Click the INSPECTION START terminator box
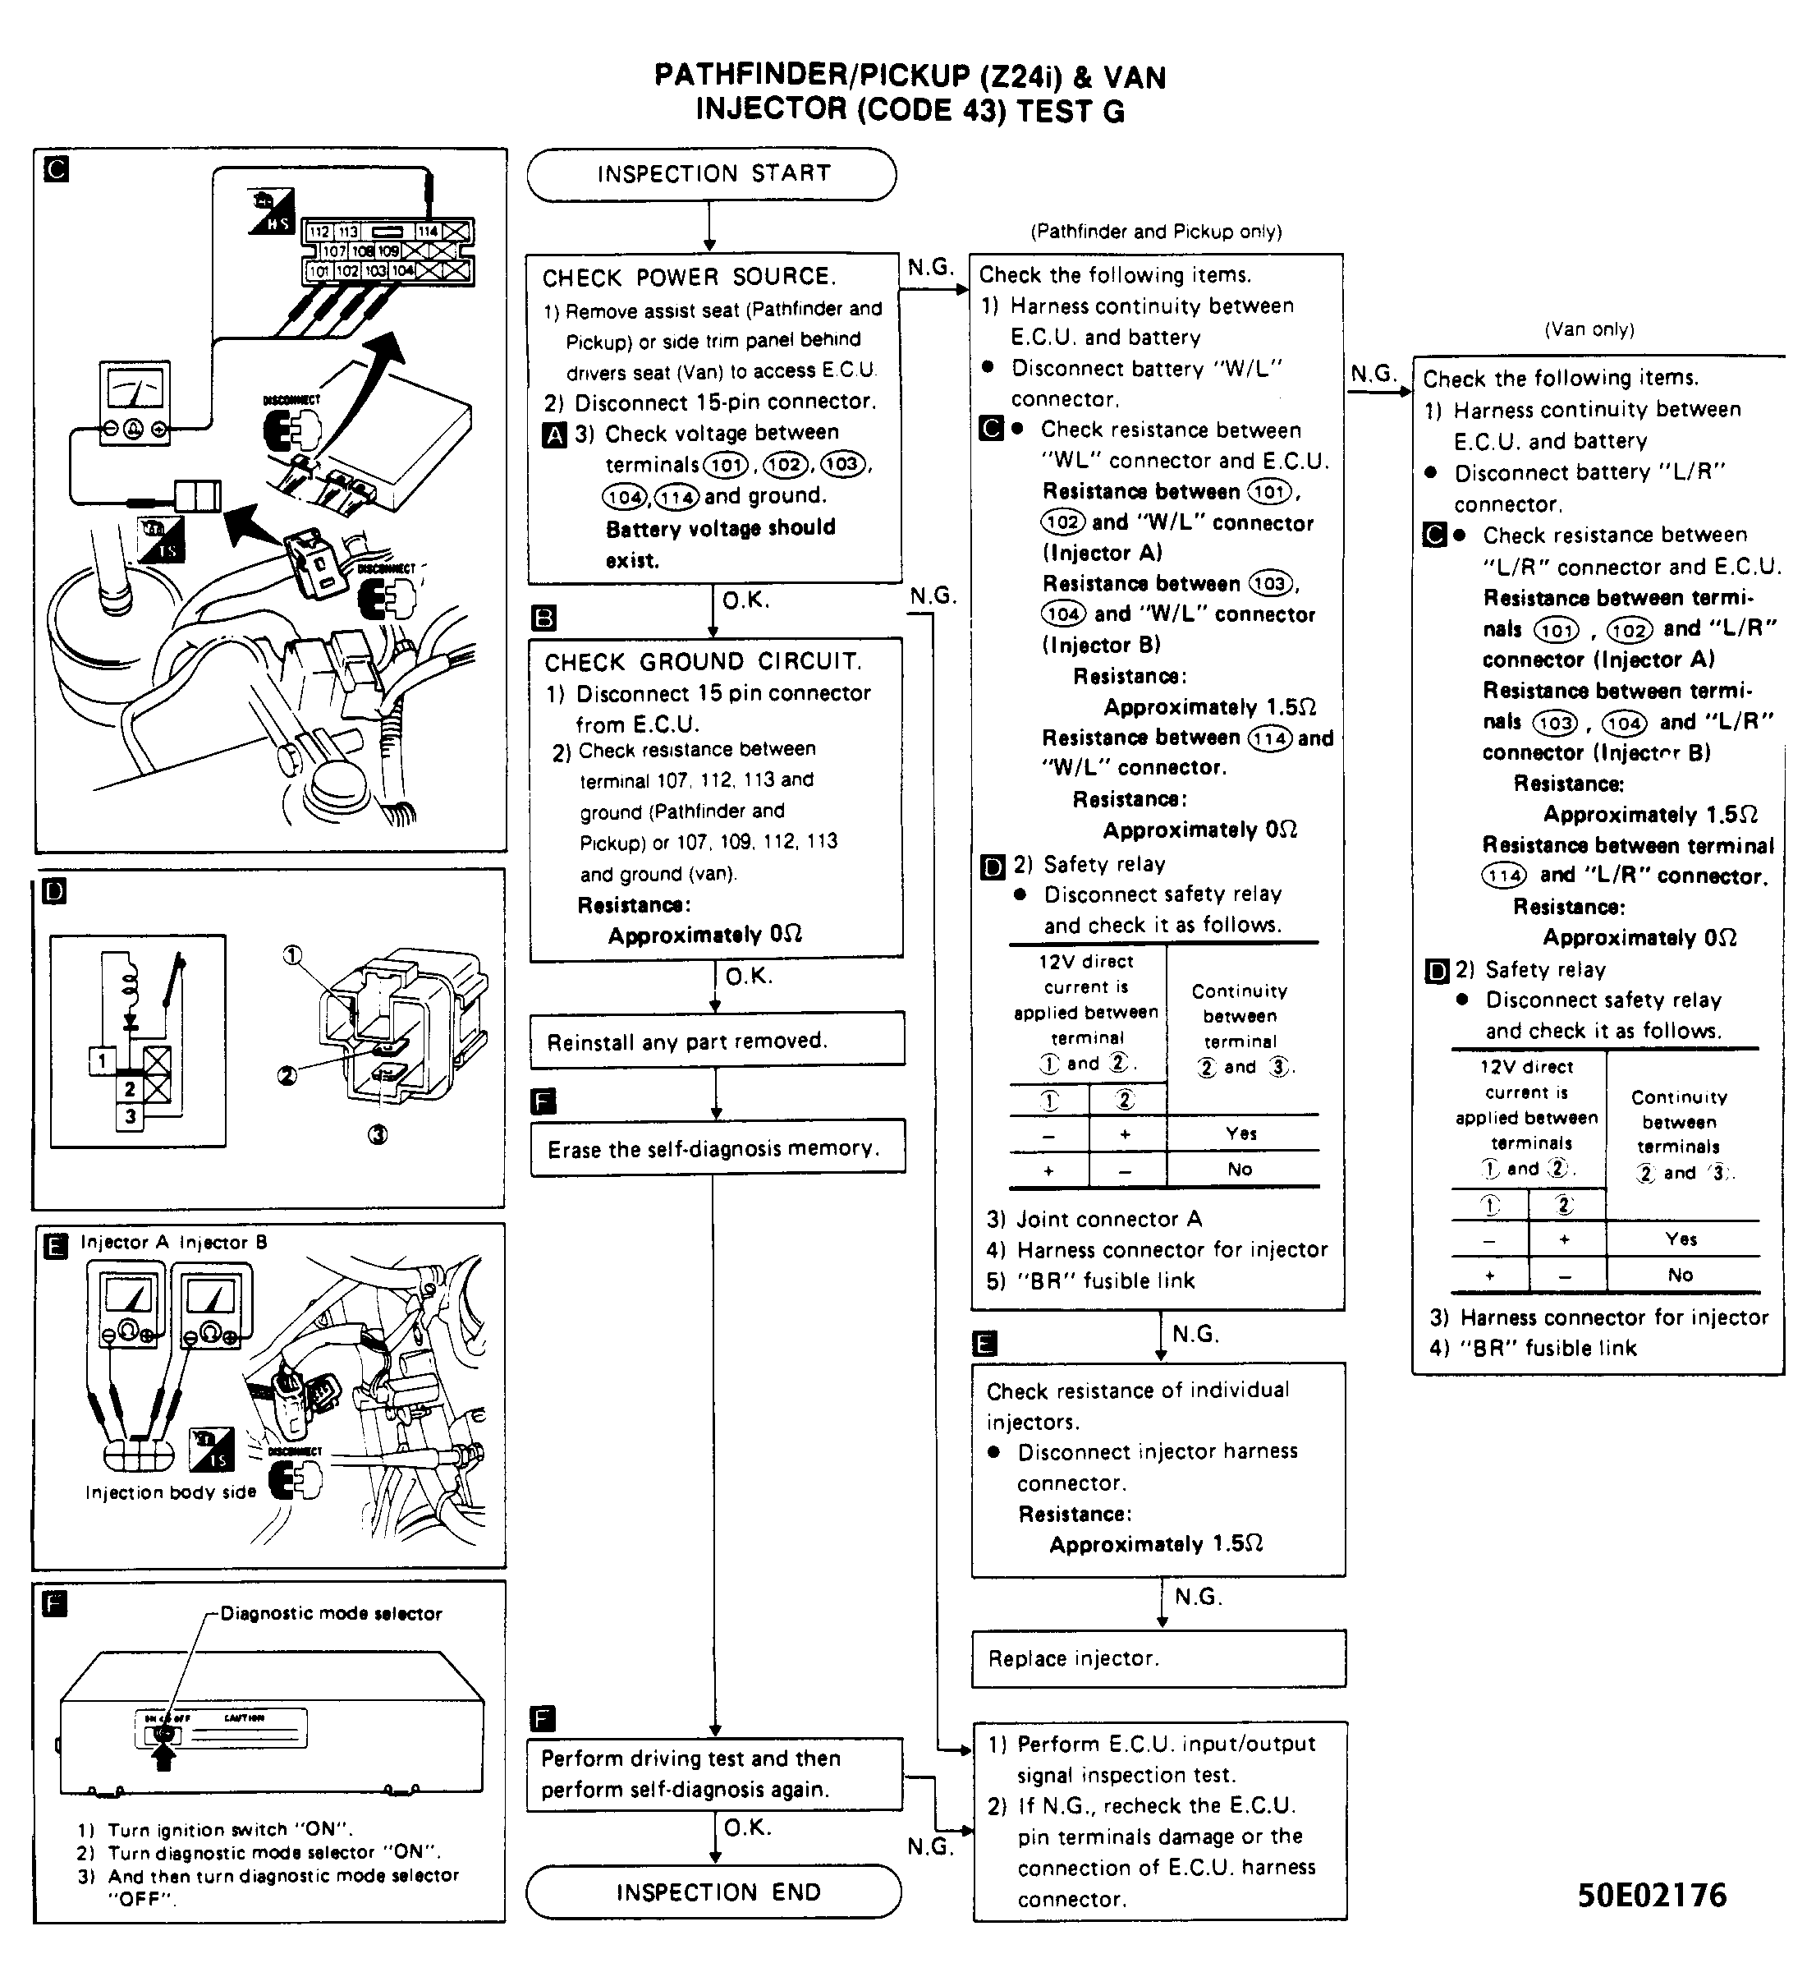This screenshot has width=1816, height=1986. tap(711, 174)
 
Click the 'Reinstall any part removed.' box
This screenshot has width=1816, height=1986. tap(716, 1041)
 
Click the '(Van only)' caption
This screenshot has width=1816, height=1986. tap(1589, 330)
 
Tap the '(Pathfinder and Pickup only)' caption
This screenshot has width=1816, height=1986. tap(1155, 232)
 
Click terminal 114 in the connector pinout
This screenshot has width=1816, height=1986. tap(428, 232)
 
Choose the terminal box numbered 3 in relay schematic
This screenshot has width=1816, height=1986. tap(130, 1117)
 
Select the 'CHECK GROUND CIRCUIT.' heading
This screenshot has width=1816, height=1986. tap(703, 662)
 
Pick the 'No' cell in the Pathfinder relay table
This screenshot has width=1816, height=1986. tap(1240, 1170)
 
